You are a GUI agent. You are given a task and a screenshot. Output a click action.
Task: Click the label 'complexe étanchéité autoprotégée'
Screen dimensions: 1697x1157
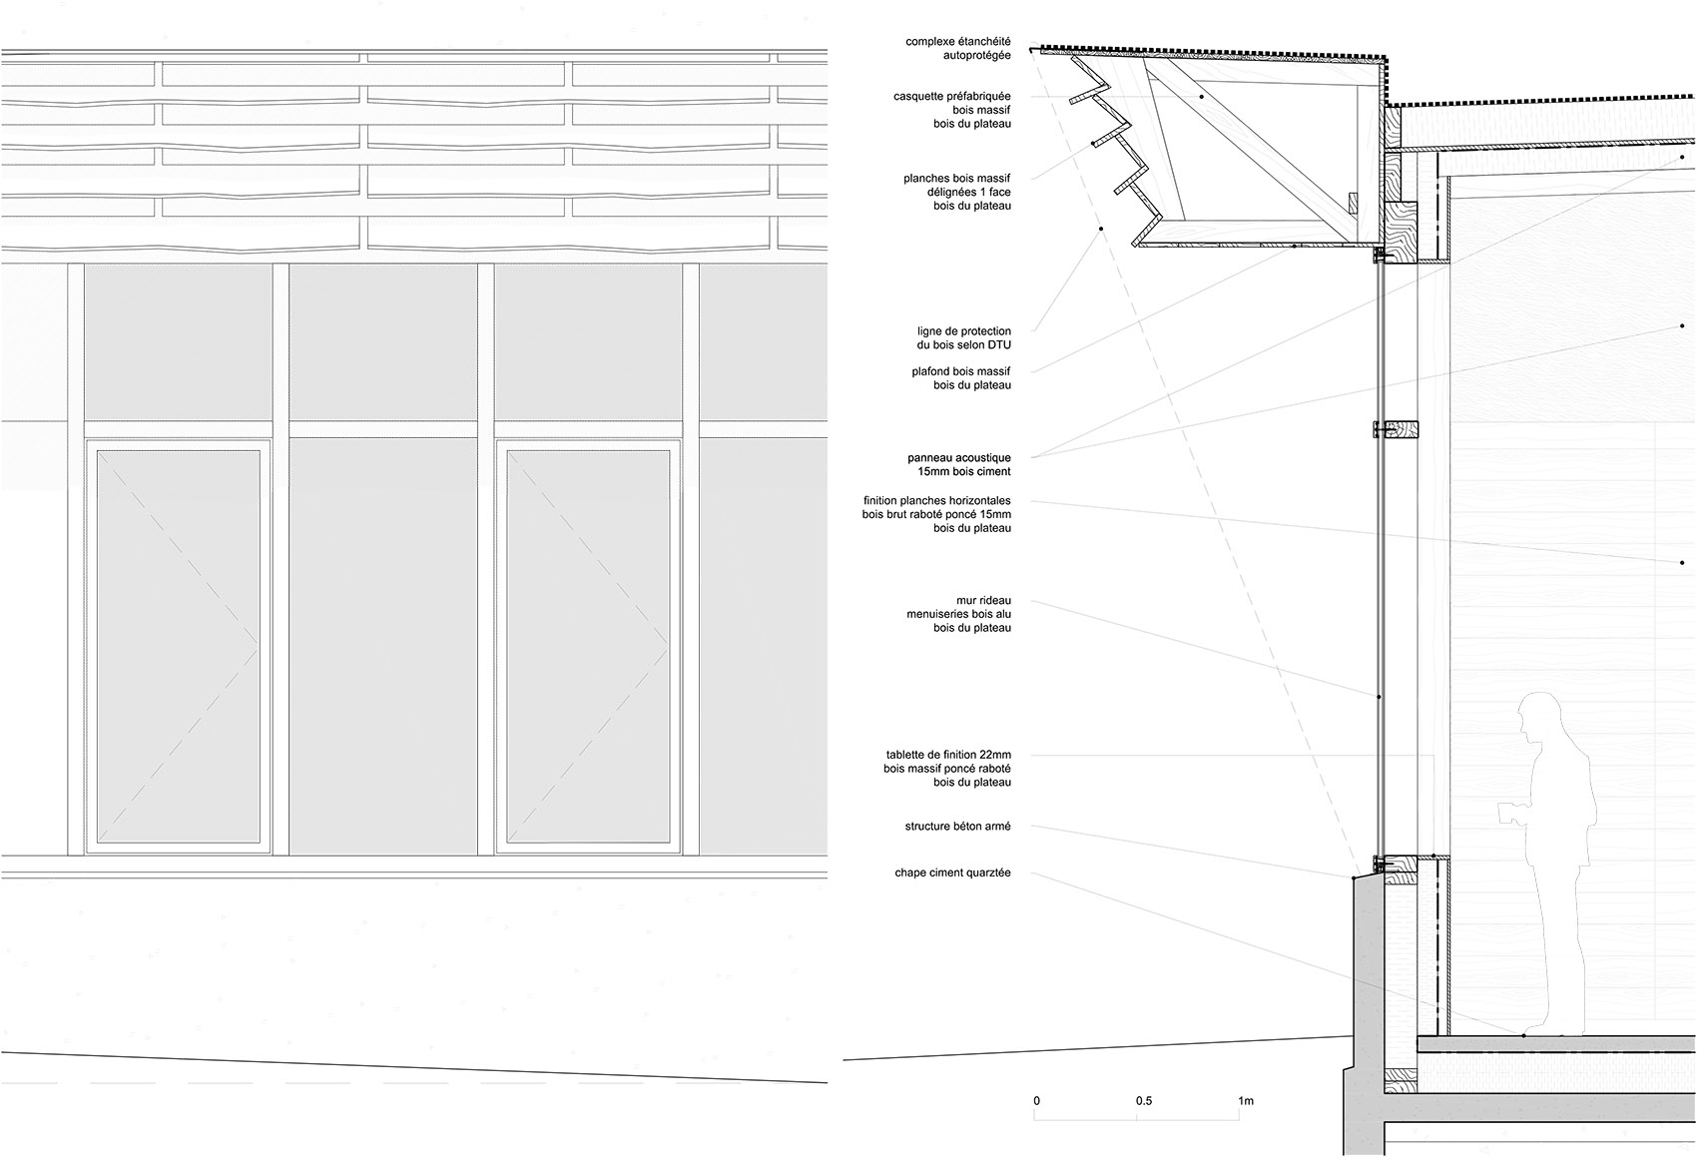click(957, 49)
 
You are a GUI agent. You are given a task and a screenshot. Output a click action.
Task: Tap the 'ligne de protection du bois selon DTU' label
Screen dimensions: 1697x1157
click(963, 338)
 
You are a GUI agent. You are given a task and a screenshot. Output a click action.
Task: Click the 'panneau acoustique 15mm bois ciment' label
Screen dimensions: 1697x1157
click(959, 464)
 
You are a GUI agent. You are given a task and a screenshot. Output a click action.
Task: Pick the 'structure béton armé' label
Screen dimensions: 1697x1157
click(957, 826)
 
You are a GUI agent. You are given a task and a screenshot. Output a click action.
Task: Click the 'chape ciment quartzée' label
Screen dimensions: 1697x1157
click(952, 872)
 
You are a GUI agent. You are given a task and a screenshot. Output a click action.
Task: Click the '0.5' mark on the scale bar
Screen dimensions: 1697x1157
click(1144, 1101)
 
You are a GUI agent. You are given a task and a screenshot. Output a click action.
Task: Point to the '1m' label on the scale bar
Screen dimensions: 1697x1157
click(1246, 1101)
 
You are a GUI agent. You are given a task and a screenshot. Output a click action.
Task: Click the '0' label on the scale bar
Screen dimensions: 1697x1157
click(1037, 1101)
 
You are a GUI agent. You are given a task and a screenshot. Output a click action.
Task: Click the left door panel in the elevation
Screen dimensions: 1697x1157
click(178, 646)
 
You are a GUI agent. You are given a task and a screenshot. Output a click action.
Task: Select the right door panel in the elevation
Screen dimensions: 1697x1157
click(588, 646)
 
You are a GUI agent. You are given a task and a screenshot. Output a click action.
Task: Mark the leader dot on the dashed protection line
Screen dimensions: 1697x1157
click(1101, 228)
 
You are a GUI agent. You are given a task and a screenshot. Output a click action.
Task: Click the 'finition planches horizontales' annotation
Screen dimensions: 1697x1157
click(936, 514)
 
